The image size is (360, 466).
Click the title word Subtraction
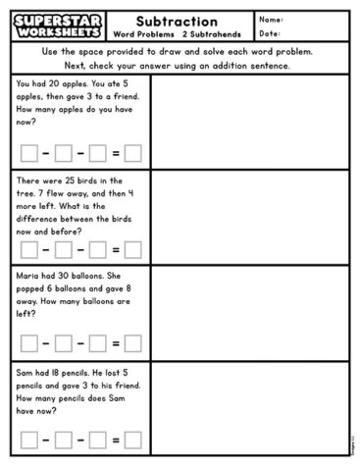[177, 21]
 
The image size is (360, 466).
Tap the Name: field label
[272, 20]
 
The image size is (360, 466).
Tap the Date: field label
[271, 34]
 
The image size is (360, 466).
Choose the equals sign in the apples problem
[116, 152]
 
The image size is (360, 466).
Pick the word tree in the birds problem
[27, 193]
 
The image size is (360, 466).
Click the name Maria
[28, 277]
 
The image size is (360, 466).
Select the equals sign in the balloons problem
[116, 343]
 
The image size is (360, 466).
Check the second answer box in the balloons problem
[64, 343]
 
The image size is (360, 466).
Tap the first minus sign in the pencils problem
[46, 439]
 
